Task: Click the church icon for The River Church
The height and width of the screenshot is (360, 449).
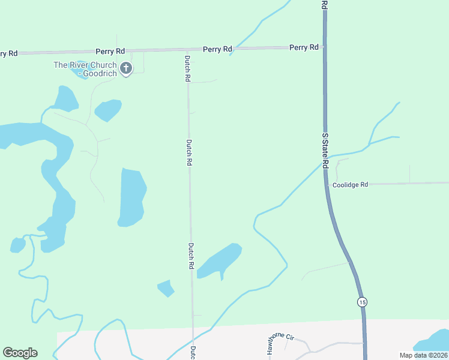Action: coord(126,68)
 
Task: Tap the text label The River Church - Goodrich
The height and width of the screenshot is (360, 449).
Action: coord(85,69)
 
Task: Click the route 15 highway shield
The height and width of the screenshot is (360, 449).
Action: coord(361,302)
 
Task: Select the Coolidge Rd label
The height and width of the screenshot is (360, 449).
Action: coord(350,185)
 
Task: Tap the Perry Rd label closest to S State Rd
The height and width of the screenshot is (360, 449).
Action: coord(304,47)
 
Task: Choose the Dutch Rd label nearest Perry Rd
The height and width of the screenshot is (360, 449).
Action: coord(187,68)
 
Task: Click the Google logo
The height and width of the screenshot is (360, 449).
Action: coord(20,352)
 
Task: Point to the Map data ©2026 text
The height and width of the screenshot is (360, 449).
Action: coord(423,355)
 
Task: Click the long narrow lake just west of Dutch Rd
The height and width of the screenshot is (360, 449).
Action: coord(131,197)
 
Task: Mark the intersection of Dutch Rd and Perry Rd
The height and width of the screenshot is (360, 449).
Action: coord(187,50)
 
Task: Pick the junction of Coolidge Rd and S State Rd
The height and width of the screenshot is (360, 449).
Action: coord(330,184)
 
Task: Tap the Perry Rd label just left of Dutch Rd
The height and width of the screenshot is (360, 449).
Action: coord(113,52)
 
